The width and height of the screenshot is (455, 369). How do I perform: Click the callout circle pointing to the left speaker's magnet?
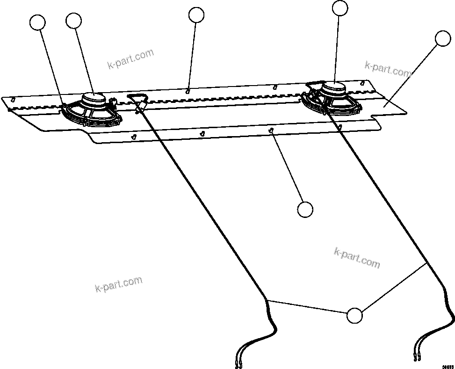point(74,21)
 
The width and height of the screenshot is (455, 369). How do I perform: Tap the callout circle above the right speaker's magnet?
point(340,8)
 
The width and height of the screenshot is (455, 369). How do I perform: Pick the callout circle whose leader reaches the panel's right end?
point(442,39)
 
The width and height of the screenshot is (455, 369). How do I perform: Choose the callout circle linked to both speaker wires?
point(354,316)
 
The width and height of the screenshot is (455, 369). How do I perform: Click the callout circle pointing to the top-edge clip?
point(196,15)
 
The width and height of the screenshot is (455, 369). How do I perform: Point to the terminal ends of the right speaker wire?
point(417,358)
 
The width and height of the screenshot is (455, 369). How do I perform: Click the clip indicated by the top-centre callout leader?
point(188,91)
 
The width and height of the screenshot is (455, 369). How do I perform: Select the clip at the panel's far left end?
point(13,99)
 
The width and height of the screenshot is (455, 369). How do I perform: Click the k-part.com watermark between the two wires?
point(357,258)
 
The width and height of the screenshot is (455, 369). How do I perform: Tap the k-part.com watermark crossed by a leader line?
point(388,70)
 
